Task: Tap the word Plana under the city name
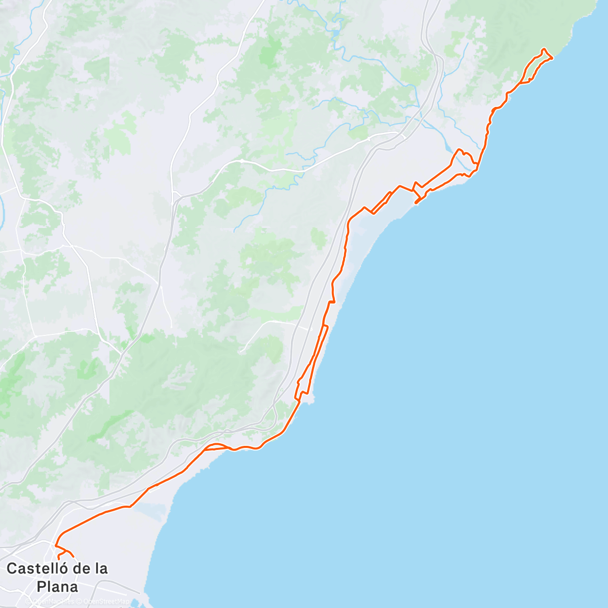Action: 57,587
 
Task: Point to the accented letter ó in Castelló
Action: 65,568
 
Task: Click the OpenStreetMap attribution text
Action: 104,601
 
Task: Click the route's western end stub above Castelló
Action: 59,558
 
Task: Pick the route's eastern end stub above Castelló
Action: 72,556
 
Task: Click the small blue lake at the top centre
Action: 335,35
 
